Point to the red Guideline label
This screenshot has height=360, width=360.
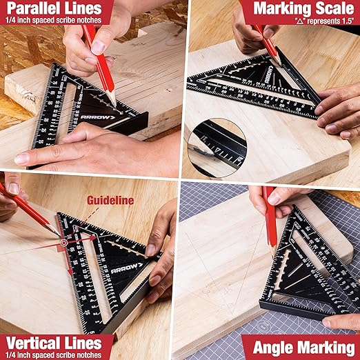point(108,201)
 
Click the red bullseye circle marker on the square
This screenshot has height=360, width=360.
point(63,243)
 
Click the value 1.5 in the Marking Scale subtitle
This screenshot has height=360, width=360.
point(346,21)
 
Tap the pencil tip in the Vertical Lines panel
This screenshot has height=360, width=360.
point(58,234)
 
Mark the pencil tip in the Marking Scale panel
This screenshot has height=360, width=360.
point(281,66)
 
